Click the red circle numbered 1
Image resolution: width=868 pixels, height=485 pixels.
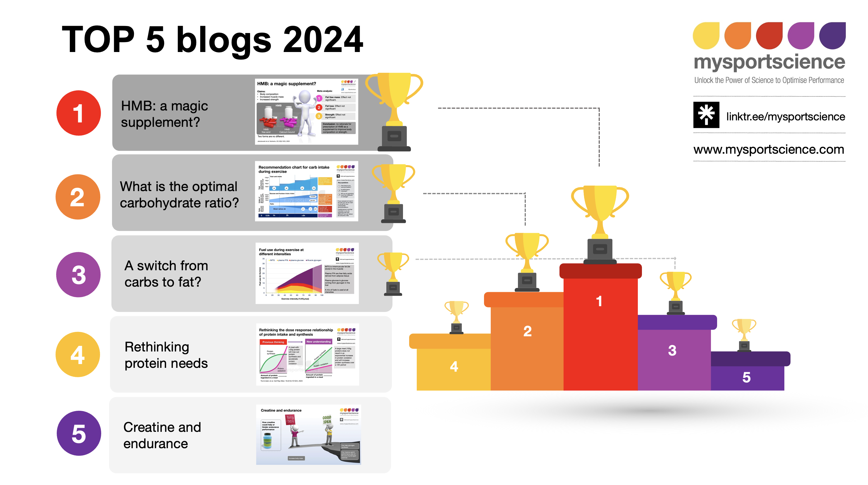coord(78,113)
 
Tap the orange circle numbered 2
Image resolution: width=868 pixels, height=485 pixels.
coord(78,197)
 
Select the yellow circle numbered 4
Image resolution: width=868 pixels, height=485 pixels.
coord(78,354)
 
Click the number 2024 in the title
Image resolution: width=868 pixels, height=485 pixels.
coord(323,40)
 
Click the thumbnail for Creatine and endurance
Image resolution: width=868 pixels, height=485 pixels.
coord(308,434)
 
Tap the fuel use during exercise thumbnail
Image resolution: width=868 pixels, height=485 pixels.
coord(307,273)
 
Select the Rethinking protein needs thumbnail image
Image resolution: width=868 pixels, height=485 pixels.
coord(307,354)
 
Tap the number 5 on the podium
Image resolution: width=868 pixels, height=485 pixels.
coord(746,377)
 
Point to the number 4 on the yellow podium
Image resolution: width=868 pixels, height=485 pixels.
coord(454,366)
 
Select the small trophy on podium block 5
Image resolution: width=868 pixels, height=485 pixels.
coord(744,335)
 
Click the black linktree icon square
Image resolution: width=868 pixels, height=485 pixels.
coord(706,115)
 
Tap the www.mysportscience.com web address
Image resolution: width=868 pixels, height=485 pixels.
coord(769,149)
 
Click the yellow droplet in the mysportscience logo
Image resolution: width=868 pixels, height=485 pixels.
coord(706,36)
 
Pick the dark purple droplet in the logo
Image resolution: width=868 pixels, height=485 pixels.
coord(832,36)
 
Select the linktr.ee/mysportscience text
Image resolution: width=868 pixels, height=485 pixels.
coord(785,117)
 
